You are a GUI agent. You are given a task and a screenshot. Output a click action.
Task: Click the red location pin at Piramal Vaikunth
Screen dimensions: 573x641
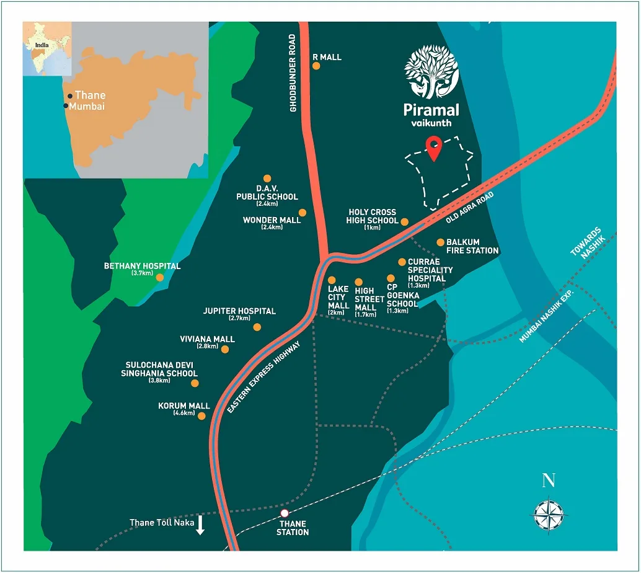[x=435, y=149]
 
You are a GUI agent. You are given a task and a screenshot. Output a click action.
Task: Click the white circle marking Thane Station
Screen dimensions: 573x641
[x=285, y=513]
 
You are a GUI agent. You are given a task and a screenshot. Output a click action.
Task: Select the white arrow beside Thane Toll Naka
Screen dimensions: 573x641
[x=200, y=526]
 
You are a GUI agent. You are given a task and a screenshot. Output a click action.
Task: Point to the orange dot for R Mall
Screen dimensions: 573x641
[x=316, y=66]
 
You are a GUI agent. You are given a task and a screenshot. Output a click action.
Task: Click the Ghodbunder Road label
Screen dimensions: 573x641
[x=293, y=73]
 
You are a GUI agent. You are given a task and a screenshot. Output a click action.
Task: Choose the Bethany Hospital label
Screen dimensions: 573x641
[x=143, y=266]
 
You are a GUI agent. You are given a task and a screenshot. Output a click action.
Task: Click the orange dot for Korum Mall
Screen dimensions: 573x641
[x=201, y=415]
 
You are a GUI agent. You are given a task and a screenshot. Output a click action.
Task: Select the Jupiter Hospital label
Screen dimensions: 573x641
[x=239, y=311]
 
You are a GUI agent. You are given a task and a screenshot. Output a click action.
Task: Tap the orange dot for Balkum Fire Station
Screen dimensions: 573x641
[x=440, y=242]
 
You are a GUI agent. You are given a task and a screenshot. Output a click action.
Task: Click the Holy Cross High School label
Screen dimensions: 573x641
[x=373, y=216]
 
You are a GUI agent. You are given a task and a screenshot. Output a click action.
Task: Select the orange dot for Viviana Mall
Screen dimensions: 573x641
[x=225, y=350]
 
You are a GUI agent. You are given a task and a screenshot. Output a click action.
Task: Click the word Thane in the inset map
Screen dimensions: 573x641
[x=91, y=95]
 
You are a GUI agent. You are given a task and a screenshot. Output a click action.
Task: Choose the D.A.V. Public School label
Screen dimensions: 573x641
[x=267, y=192]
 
